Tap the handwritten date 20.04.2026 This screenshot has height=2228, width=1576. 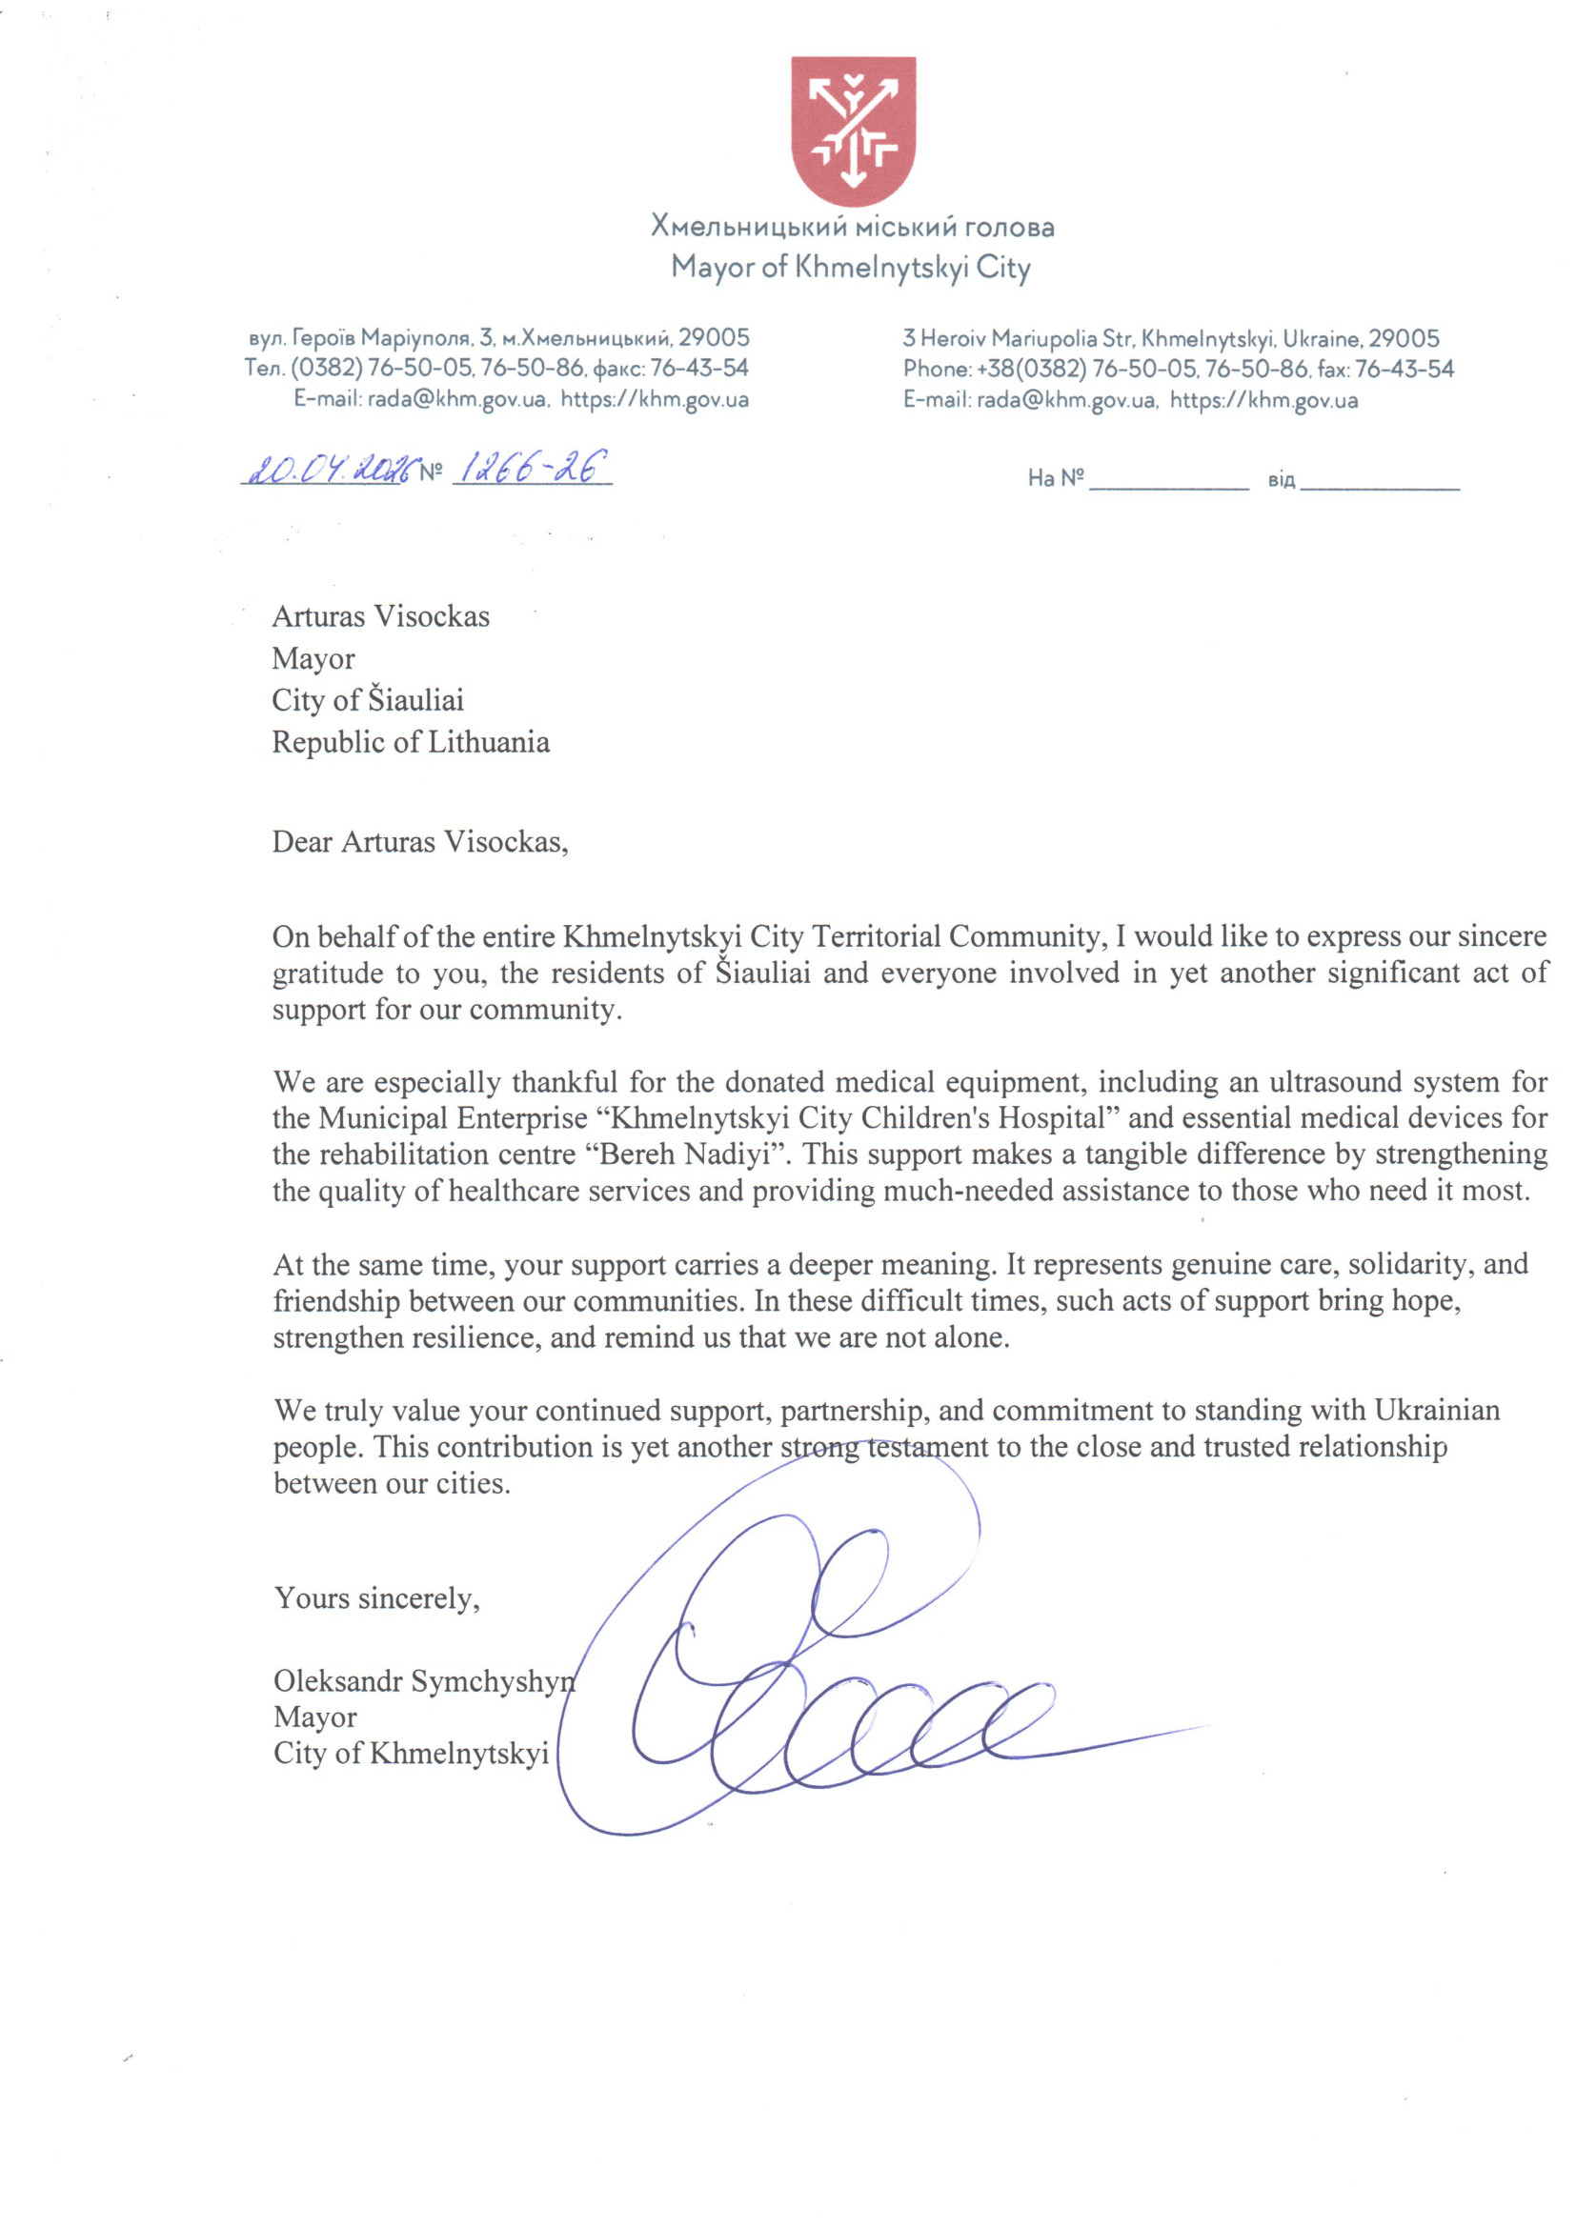[330, 470]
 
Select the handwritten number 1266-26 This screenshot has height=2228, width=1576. [532, 469]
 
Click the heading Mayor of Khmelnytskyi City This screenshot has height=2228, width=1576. [850, 268]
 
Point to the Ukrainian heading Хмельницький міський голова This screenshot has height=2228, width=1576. [852, 227]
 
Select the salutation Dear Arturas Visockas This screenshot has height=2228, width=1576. [419, 841]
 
